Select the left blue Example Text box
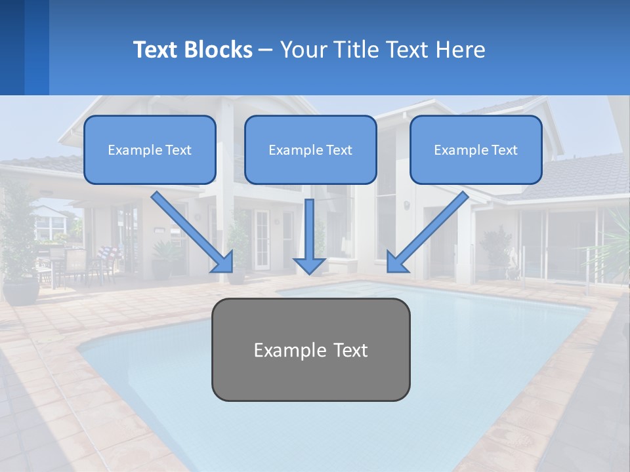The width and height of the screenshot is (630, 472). point(150,149)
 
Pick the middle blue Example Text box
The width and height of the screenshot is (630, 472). point(310,149)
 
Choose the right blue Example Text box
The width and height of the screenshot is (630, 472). point(476,149)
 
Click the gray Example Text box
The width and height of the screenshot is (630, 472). point(310,349)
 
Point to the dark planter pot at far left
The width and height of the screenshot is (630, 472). point(20,290)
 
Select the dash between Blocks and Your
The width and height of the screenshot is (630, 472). point(266,50)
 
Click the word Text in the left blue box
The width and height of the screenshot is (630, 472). point(178,150)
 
